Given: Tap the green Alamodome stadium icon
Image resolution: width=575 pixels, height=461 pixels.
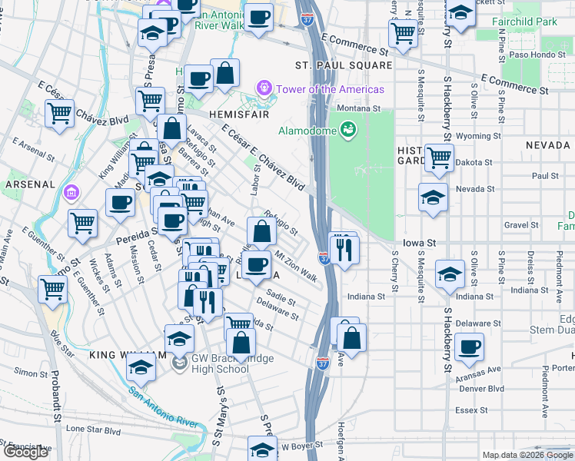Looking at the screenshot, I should tap(348, 130).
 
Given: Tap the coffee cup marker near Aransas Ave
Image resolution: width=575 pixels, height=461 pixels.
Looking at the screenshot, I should tap(468, 347).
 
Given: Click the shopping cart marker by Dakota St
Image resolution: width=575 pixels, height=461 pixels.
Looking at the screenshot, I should tap(438, 157).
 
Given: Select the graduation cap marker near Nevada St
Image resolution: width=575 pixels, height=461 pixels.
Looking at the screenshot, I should tap(434, 197).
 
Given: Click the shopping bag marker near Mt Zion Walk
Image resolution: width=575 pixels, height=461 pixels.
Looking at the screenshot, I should tap(261, 230).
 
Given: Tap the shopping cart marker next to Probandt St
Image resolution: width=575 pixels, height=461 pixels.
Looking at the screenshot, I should tap(53, 290).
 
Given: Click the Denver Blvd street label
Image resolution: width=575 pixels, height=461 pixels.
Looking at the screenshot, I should tap(481, 389).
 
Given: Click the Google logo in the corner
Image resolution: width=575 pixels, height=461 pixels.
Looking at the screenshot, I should tap(25, 452).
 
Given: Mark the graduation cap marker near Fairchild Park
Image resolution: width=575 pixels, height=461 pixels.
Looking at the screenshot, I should tap(460, 15).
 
